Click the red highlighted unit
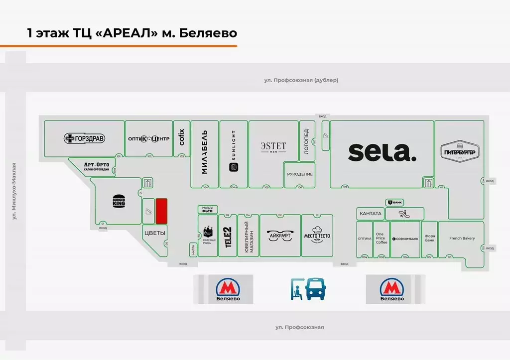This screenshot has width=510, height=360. coord(161,211)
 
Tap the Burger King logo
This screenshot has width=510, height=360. coord(119,202)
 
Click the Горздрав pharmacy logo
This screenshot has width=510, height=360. coord(84,138)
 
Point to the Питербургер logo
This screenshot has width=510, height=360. coord(460,151)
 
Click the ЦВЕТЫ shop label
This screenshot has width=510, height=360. coord(154,233)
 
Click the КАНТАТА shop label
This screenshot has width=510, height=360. coord(370,214)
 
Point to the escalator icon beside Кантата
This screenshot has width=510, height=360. coord(403,214)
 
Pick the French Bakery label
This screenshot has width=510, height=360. coord(462,239)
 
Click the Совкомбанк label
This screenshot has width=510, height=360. coord(405,239)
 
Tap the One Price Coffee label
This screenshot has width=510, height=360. coord(381,238)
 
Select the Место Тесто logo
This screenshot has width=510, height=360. coord(317,236)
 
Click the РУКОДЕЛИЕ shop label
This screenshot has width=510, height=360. coord(300,174)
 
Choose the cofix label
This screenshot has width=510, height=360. coord(182,137)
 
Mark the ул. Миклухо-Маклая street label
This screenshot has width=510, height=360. coord(14,191)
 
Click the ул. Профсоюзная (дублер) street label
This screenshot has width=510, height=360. coord(301,80)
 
